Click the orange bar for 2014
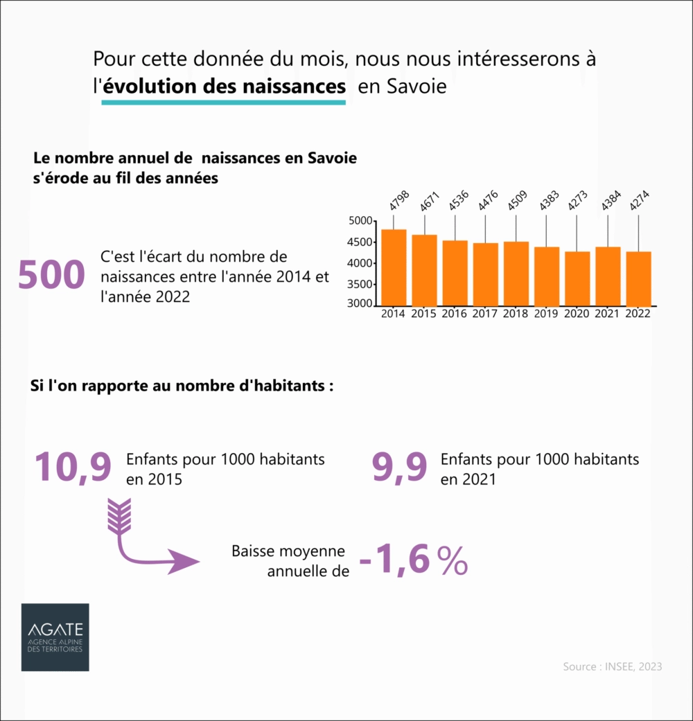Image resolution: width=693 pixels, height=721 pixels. tap(394, 267)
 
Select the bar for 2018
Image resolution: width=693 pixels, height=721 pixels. tap(516, 274)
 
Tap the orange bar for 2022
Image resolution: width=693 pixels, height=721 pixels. tap(638, 278)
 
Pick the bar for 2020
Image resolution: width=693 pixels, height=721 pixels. tap(577, 278)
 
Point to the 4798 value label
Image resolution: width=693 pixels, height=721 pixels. tap(399, 200)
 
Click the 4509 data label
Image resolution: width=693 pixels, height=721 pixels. tap(517, 200)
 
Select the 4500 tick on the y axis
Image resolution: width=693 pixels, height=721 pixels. tap(359, 242)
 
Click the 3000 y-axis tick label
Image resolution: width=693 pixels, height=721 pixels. tap(359, 303)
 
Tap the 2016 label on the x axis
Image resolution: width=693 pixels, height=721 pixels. tap(454, 314)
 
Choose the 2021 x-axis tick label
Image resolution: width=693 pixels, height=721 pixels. tap(607, 314)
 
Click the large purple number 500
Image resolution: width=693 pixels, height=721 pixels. tap(51, 274)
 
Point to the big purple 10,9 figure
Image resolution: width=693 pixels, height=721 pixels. tap(73, 467)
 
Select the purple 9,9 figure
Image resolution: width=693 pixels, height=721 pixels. tap(399, 467)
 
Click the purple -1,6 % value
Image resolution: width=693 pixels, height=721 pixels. tap(414, 560)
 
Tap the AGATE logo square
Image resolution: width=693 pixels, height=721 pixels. tap(55, 637)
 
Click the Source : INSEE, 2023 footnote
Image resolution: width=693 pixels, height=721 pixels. tap(613, 666)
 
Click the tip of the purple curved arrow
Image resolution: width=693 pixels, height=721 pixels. tap(200, 562)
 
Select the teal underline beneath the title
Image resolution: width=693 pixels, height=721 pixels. tap(224, 102)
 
